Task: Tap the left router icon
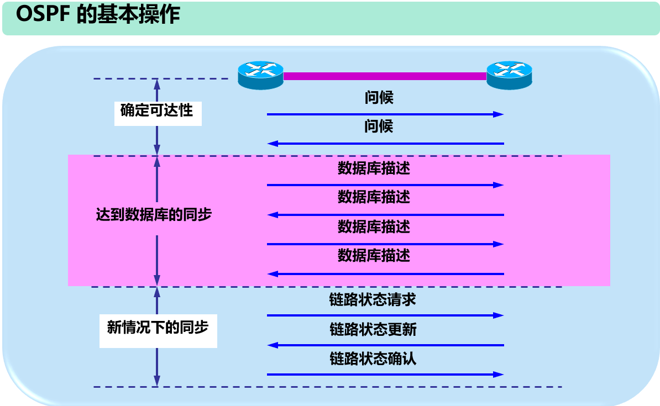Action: [260, 75]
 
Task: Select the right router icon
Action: [509, 75]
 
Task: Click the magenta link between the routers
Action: [385, 76]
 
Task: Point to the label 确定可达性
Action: [157, 110]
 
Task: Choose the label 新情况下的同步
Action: [158, 327]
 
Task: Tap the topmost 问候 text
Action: [379, 98]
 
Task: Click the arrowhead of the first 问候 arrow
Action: [499, 114]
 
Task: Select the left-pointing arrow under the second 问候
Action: [385, 144]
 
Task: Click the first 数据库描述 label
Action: [374, 168]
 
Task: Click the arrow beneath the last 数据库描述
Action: [385, 273]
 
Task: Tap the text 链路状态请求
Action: [373, 300]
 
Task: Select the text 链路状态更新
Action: [373, 330]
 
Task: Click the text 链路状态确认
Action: [373, 359]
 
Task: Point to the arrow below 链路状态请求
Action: [385, 315]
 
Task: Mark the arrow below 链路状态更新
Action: [385, 345]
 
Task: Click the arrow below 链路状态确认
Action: [385, 375]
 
